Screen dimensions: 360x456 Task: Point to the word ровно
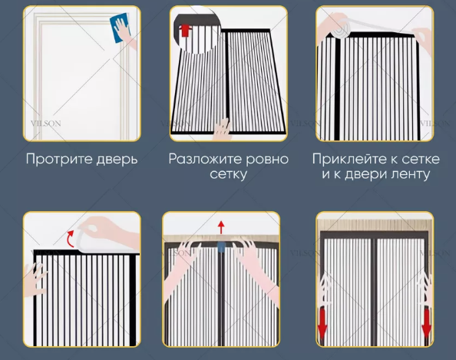267,160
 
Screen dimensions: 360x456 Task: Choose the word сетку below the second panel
228,175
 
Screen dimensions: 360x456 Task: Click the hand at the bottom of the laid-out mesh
223,128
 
